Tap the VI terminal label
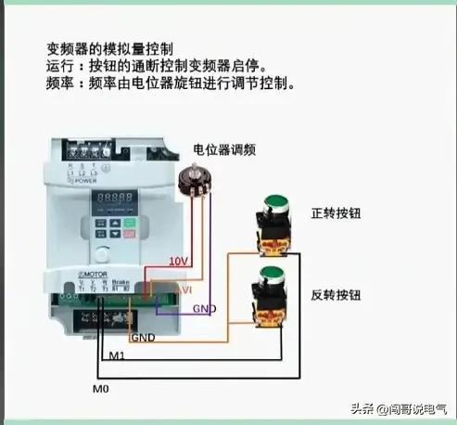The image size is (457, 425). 184,290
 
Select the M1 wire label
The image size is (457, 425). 118,355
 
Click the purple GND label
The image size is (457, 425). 205,308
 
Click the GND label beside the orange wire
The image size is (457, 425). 144,339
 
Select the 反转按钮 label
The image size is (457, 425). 336,295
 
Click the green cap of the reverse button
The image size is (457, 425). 271,274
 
